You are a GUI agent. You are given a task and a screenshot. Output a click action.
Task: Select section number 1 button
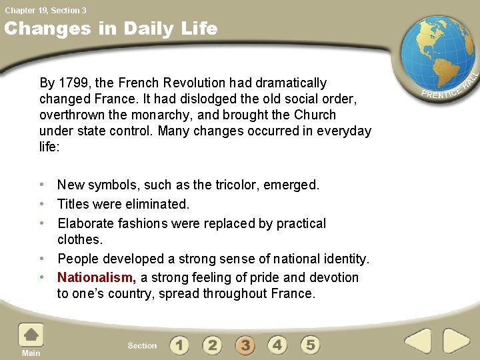[x=179, y=345]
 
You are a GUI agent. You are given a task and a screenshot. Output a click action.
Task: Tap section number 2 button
[x=212, y=345]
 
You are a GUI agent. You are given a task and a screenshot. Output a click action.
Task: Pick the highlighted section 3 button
[x=245, y=345]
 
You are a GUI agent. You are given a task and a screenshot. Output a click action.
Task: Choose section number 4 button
[x=277, y=345]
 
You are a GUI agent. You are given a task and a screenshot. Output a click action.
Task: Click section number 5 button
[x=310, y=345]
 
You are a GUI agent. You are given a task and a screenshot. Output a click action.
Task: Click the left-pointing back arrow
[x=418, y=342]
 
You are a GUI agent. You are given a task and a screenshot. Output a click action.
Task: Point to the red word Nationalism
[x=97, y=277]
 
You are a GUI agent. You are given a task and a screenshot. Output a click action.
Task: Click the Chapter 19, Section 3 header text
[x=45, y=10]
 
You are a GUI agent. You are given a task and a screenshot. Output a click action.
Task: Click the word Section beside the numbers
[x=142, y=345]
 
